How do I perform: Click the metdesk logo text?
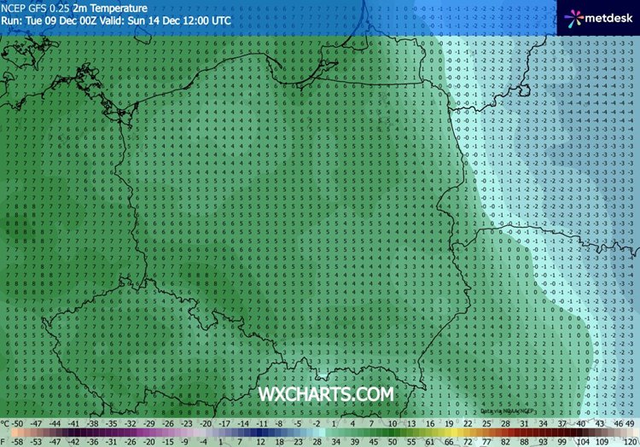click(x=606, y=17)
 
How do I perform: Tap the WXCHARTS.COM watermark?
click(x=326, y=393)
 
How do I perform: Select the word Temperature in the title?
click(x=110, y=8)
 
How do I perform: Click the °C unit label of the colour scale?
click(x=6, y=423)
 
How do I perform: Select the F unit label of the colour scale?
click(x=3, y=442)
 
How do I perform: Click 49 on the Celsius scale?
click(x=630, y=423)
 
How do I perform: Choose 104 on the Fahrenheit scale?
click(x=583, y=442)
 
